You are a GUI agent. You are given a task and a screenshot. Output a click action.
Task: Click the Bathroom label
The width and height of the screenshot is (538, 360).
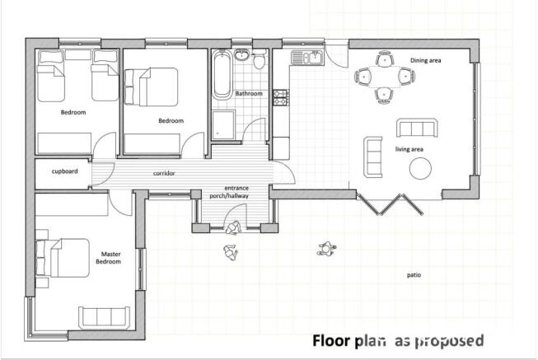click(x=249, y=93)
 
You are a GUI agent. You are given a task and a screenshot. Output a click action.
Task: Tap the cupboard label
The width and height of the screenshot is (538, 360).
click(x=64, y=171)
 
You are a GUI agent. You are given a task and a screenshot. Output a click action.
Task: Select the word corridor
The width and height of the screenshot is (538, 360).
click(x=164, y=173)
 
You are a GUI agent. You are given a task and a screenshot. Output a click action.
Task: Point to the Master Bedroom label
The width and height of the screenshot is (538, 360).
click(x=110, y=258)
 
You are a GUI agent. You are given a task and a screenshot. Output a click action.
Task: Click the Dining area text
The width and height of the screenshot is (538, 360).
click(x=426, y=60)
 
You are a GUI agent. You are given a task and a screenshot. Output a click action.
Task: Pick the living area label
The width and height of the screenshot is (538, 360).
click(x=409, y=149)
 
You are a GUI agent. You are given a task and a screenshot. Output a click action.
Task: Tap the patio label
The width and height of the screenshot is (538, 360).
click(x=414, y=275)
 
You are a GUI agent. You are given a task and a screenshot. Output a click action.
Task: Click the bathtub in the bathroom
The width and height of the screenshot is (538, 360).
click(x=222, y=75)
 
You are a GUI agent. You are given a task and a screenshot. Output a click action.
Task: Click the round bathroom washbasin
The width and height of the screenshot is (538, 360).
click(x=242, y=54)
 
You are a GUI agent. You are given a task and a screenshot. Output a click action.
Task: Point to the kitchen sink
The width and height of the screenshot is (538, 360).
click(x=307, y=57)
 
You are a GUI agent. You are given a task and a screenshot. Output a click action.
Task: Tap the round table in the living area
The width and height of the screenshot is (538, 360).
click(x=420, y=168)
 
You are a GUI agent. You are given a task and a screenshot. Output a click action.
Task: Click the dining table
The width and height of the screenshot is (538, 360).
click(x=385, y=77)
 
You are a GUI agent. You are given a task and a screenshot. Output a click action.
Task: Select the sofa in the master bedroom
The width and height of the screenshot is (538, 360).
click(x=105, y=317)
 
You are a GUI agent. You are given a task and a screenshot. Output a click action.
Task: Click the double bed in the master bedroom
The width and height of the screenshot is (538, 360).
click(x=63, y=258)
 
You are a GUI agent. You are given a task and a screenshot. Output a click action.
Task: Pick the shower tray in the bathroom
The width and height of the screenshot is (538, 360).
click(x=223, y=124)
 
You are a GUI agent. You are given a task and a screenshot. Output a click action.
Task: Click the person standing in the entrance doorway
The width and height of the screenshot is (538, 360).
click(x=233, y=228)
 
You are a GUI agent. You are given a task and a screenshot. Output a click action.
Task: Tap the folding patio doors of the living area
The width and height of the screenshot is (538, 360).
click(x=390, y=204)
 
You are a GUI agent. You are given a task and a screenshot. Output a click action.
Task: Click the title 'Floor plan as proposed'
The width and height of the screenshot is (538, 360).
click(x=398, y=341)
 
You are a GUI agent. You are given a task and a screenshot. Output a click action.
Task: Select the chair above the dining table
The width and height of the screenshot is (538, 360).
click(x=385, y=58)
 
